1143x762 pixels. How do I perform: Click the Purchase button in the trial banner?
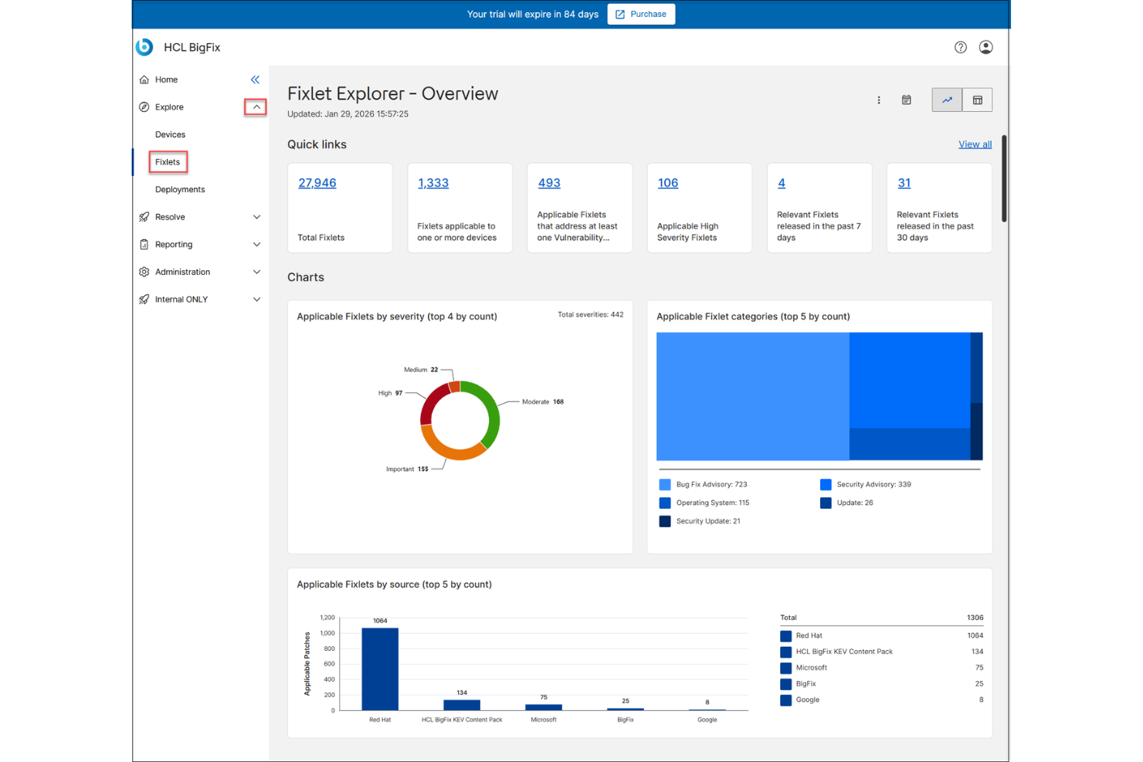(641, 14)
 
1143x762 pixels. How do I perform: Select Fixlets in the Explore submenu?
(168, 162)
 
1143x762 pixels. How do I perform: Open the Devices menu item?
(170, 134)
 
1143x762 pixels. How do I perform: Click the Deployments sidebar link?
(180, 189)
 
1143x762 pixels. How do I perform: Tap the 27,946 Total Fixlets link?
(317, 183)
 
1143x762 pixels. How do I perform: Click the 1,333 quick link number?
(432, 183)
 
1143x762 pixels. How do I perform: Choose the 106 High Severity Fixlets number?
(667, 183)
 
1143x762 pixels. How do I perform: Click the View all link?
(975, 144)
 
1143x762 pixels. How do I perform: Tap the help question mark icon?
(960, 47)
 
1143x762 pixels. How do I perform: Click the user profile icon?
(985, 47)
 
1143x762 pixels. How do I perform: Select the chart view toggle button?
(947, 100)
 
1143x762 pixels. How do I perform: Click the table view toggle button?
(977, 100)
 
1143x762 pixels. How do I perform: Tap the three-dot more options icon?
(879, 100)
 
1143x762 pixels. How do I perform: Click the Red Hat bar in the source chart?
(380, 669)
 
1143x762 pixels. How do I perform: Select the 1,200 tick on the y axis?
(327, 618)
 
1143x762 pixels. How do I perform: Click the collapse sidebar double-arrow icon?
(255, 80)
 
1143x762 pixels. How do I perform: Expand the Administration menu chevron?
(256, 272)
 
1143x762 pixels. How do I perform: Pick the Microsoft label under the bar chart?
(544, 720)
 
